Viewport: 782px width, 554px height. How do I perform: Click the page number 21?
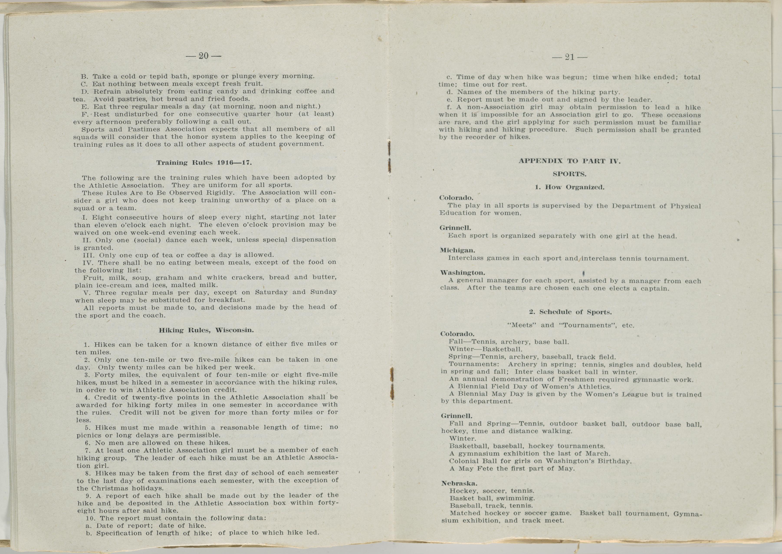(570, 57)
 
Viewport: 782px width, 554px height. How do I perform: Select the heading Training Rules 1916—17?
(204, 163)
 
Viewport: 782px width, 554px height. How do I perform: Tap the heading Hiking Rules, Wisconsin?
(206, 330)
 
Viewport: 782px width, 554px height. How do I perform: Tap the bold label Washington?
(462, 273)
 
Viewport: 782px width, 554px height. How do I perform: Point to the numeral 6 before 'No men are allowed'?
(87, 443)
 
